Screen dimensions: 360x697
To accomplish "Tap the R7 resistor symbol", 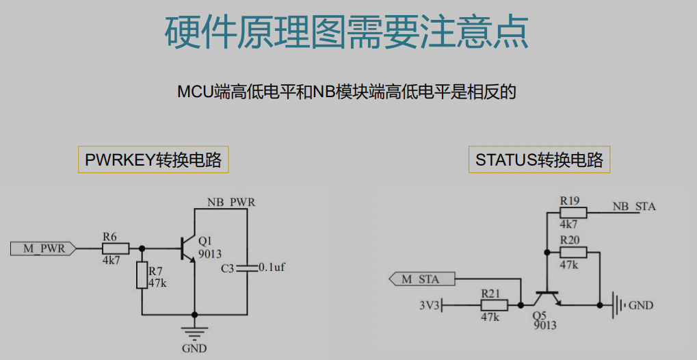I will pos(142,274).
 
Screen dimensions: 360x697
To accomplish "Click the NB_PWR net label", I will pos(231,203).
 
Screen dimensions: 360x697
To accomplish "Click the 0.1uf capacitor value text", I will pos(272,268).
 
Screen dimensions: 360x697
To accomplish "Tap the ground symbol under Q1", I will pos(194,333).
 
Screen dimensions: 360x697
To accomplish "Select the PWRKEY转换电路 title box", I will pos(153,160).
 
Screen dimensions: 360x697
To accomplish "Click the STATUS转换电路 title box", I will pos(540,160).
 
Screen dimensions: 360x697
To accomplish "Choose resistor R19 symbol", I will pos(573,213).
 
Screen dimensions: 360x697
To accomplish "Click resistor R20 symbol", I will pos(573,252).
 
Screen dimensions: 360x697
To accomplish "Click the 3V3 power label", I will pos(430,305).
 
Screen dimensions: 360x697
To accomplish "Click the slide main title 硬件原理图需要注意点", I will pos(347,31).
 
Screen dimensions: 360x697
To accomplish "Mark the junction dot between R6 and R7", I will pos(142,248).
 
